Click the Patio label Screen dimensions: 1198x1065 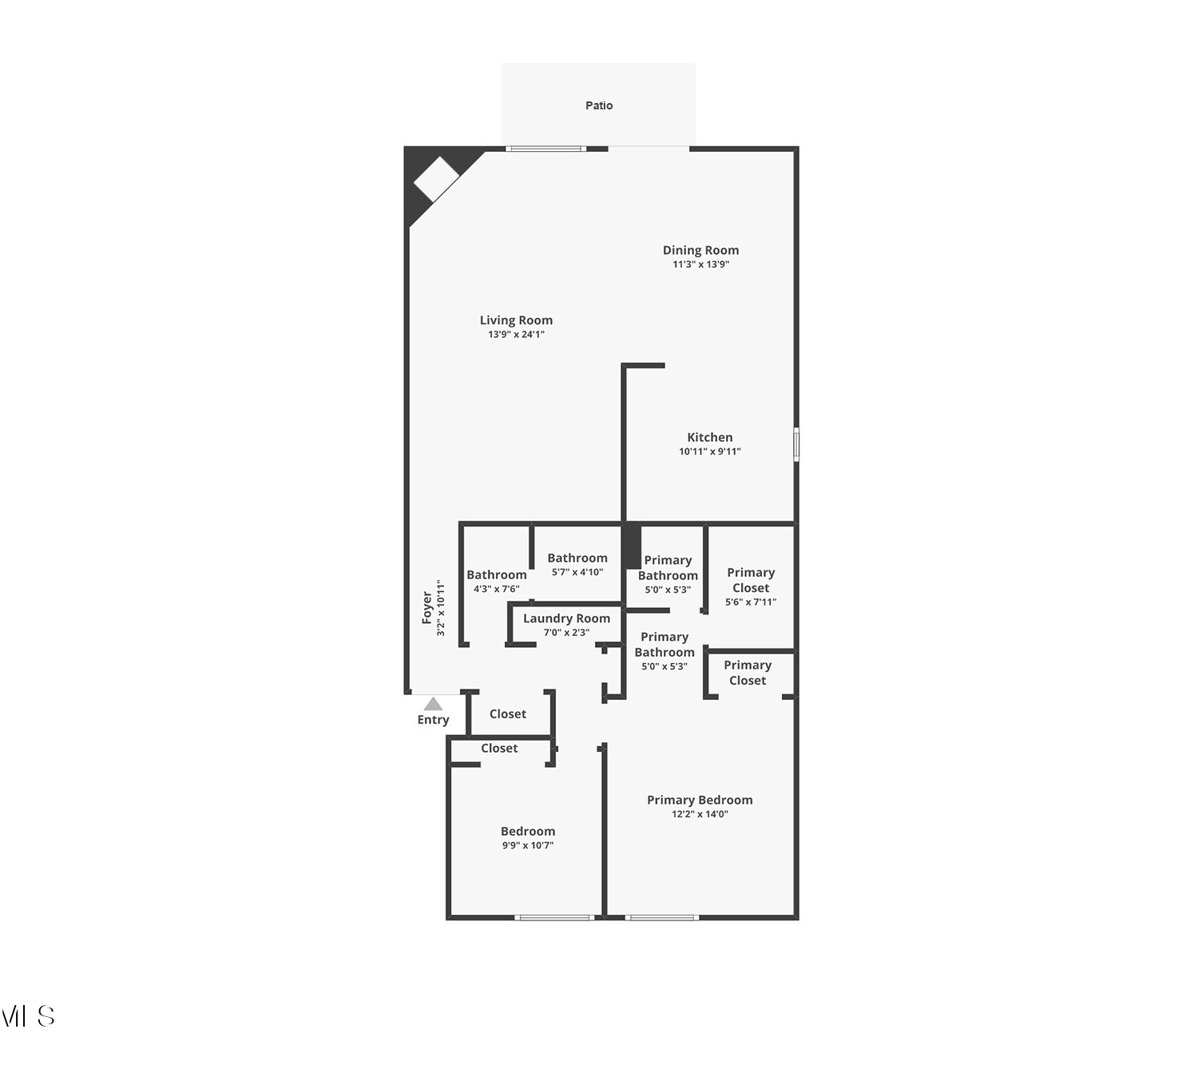pos(598,105)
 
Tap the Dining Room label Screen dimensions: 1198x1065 pos(700,250)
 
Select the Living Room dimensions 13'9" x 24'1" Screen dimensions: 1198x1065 pos(516,334)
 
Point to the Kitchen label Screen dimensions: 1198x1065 pos(709,437)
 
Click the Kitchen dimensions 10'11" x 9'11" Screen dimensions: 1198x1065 pos(709,451)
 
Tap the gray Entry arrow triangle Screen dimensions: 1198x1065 pos(433,704)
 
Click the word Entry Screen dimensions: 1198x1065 pos(433,720)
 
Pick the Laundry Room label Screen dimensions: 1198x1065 pos(566,618)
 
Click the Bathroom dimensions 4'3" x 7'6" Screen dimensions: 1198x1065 pos(497,589)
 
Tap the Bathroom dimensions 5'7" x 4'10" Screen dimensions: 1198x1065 pos(577,572)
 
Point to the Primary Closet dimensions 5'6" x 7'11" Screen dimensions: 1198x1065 pos(751,602)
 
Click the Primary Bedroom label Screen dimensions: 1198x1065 pos(700,800)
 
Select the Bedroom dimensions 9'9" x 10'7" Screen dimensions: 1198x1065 pos(527,845)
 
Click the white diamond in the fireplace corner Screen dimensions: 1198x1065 pos(436,179)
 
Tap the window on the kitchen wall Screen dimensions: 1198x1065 pos(796,444)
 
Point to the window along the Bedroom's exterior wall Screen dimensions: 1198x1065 pos(554,918)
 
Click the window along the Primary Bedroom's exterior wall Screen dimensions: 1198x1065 pos(661,918)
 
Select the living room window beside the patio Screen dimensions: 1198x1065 pos(545,149)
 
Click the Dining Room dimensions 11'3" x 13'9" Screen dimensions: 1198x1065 pos(700,264)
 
